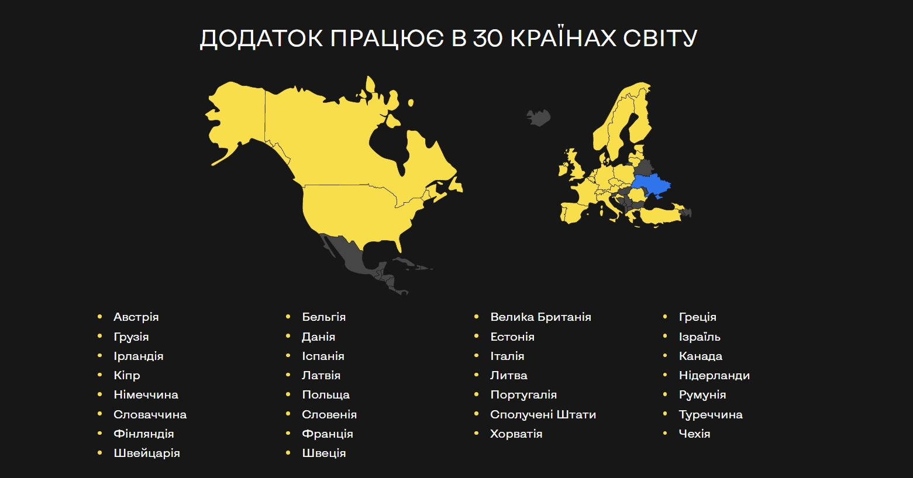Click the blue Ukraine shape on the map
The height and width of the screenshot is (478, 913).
point(650,186)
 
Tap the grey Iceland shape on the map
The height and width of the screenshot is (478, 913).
point(539,117)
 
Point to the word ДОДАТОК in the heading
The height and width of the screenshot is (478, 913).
point(261,39)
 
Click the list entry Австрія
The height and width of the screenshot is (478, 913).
point(136,317)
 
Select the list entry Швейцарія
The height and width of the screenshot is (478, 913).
point(146,453)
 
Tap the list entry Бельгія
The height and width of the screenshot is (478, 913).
point(323,317)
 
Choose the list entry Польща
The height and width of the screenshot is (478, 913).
point(325,394)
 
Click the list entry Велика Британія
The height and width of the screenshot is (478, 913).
point(540,317)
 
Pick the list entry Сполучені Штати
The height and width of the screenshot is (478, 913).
point(543,414)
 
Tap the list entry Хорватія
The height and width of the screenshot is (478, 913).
point(516,434)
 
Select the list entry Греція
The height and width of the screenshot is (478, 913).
point(697,317)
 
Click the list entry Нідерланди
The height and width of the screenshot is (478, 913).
point(714,375)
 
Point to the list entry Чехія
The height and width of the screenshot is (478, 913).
point(694,434)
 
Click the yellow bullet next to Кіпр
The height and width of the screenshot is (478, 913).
point(100,375)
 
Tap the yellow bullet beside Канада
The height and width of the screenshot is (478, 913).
point(665,356)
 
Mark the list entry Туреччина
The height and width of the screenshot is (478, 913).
point(710,414)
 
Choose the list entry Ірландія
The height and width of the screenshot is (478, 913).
point(138,356)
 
